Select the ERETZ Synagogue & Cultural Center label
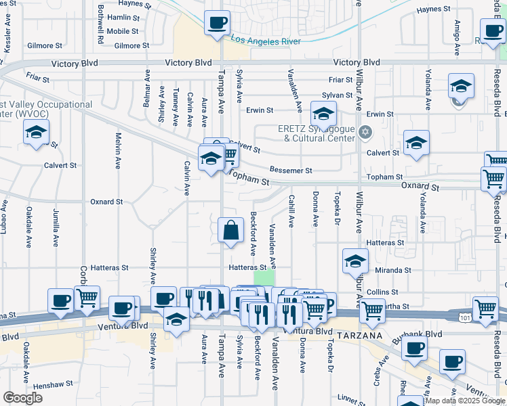pyautogui.click(x=316, y=133)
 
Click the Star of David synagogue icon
pyautogui.click(x=366, y=131)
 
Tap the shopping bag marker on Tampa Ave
pyautogui.click(x=231, y=230)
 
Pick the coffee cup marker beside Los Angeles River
pyautogui.click(x=217, y=24)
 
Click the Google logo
pyautogui.click(x=22, y=398)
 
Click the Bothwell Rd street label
pyautogui.click(x=100, y=26)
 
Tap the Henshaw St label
pyautogui.click(x=52, y=384)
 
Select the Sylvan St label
pyautogui.click(x=337, y=95)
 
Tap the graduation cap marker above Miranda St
pyautogui.click(x=355, y=261)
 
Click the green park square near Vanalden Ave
pyautogui.click(x=264, y=277)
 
